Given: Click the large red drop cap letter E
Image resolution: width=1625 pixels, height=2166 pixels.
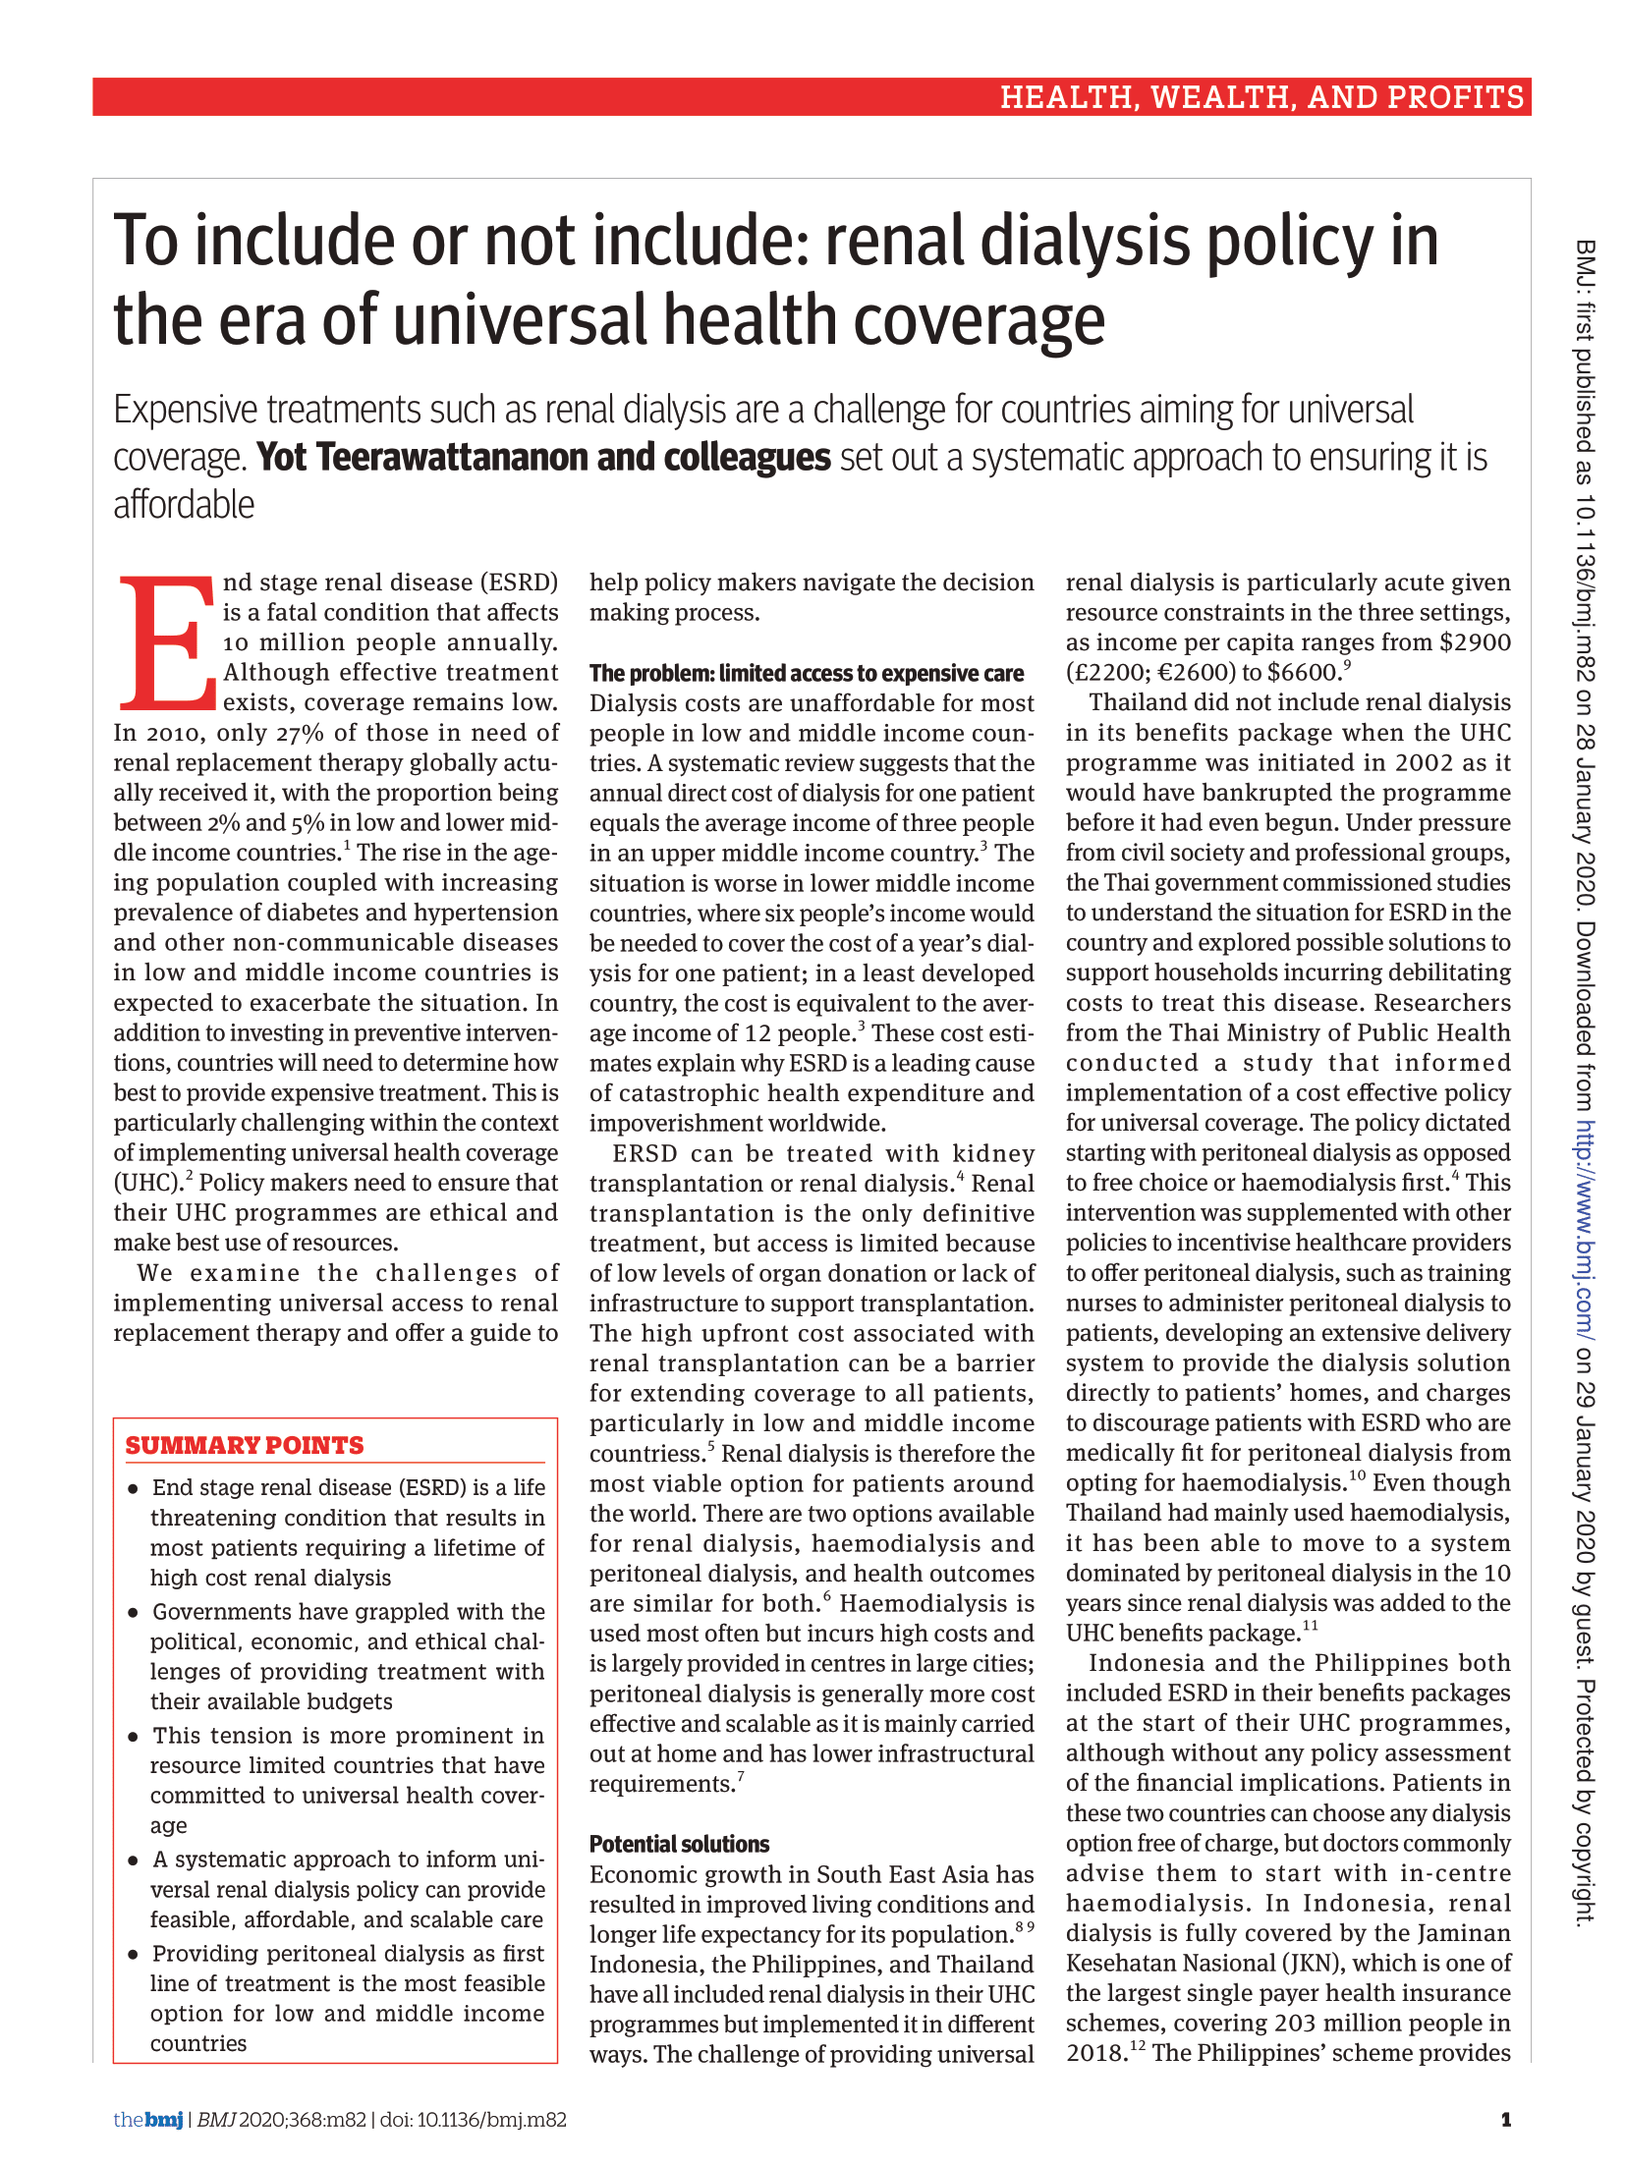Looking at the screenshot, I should click(167, 643).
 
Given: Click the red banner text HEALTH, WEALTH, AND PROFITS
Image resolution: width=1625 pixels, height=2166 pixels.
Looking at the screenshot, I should click(1261, 97).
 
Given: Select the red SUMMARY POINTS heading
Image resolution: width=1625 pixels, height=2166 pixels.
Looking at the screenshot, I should click(245, 1445).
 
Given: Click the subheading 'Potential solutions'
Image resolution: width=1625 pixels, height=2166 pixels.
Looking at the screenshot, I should click(679, 1844).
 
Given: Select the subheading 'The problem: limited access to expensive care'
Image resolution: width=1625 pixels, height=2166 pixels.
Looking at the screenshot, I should click(806, 673).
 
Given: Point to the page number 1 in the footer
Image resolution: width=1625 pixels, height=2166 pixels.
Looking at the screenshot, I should click(1505, 2119).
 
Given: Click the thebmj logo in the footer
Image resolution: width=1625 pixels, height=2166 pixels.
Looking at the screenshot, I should click(148, 2119).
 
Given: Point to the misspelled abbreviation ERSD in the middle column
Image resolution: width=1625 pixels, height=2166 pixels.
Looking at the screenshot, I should click(644, 1153).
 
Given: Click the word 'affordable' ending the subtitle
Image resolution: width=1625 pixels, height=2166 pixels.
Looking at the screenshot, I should click(184, 506).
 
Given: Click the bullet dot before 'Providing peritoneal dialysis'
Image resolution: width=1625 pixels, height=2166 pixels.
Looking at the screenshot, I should click(133, 1954).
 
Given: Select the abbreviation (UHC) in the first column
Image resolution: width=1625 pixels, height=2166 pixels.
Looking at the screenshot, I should click(147, 1183).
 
